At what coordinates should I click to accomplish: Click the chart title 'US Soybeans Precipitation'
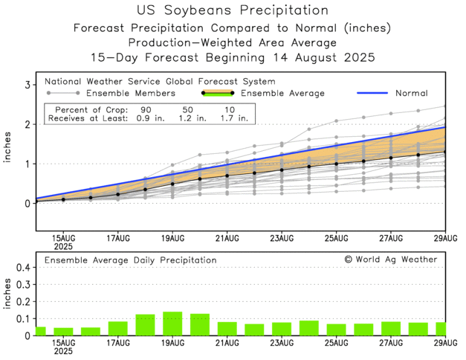233,10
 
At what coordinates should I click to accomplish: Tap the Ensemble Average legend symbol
217,93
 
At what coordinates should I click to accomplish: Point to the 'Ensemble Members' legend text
130,93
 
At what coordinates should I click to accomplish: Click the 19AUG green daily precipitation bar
172,324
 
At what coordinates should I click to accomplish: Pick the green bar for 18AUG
145,325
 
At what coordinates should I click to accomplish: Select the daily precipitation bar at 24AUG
309,328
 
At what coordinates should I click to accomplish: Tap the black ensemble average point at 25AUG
337,164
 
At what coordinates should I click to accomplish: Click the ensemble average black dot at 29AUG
444,152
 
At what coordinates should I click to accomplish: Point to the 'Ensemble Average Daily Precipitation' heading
130,260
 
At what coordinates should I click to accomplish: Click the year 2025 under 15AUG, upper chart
63,246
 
